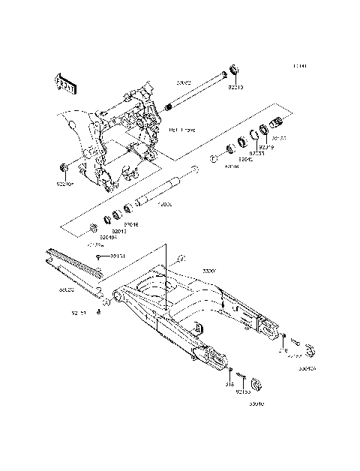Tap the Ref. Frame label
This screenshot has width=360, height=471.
[182, 130]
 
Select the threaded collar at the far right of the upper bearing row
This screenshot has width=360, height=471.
[277, 124]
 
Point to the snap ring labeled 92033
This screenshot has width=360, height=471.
[255, 135]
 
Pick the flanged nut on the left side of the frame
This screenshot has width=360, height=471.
[62, 166]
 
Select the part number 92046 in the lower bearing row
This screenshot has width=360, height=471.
[132, 224]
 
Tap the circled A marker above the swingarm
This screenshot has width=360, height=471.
[179, 259]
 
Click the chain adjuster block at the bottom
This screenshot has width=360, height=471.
[255, 385]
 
